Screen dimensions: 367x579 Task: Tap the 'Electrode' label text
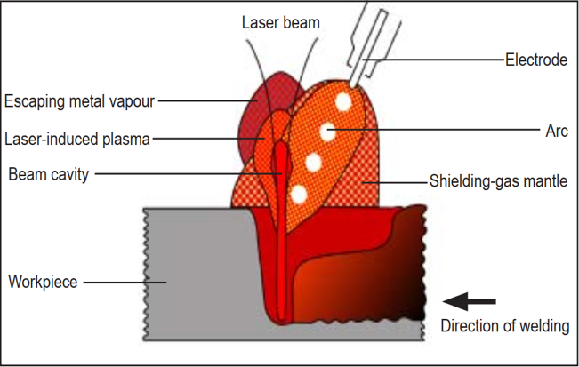(x=535, y=60)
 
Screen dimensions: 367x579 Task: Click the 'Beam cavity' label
(x=48, y=174)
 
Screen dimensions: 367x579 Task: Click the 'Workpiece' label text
(x=44, y=283)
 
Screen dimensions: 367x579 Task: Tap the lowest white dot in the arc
(x=299, y=193)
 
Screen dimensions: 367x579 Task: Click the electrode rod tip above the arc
(x=356, y=81)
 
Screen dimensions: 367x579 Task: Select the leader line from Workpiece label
(x=124, y=283)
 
